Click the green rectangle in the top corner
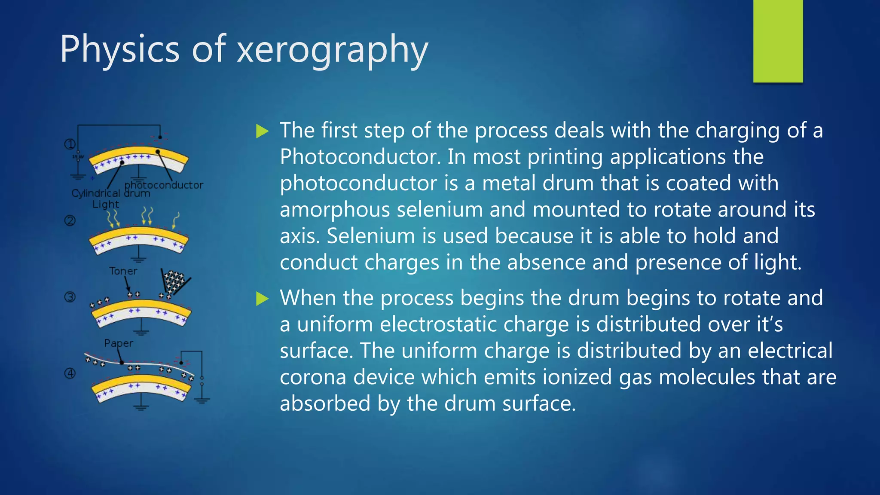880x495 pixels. pyautogui.click(x=778, y=41)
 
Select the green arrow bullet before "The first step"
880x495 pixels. pyautogui.click(x=262, y=131)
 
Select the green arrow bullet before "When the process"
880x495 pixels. pyautogui.click(x=262, y=298)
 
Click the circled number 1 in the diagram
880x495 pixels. pyautogui.click(x=70, y=144)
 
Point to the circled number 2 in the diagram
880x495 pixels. pyautogui.click(x=70, y=221)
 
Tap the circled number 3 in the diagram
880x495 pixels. pyautogui.click(x=70, y=297)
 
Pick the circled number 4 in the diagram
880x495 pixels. pyautogui.click(x=70, y=373)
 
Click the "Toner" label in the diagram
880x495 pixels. pyautogui.click(x=123, y=271)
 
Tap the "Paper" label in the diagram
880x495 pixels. pyautogui.click(x=119, y=343)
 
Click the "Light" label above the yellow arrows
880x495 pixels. pyautogui.click(x=106, y=204)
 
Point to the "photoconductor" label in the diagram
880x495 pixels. pyautogui.click(x=164, y=185)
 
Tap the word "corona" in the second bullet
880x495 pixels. pyautogui.click(x=313, y=377)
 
